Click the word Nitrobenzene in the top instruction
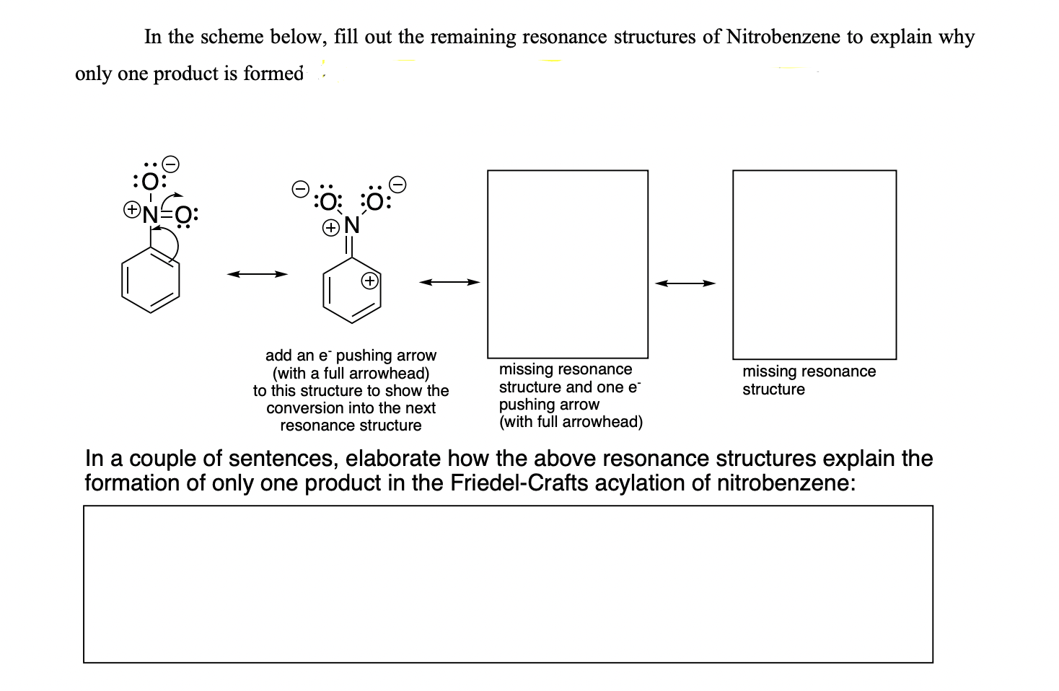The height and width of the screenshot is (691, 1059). pyautogui.click(x=783, y=37)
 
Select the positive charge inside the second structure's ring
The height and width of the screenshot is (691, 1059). pyautogui.click(x=369, y=280)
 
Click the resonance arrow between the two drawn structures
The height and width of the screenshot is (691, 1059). pyautogui.click(x=257, y=274)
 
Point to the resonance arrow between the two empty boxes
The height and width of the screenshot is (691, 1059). pyautogui.click(x=685, y=283)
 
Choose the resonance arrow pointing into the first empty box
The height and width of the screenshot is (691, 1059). pyautogui.click(x=450, y=282)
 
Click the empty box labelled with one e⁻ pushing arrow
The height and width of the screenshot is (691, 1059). pyautogui.click(x=568, y=263)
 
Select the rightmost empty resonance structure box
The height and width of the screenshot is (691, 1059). pyautogui.click(x=814, y=264)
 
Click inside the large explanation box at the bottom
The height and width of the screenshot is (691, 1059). pyautogui.click(x=508, y=584)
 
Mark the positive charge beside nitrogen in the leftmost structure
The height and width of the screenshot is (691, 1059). pyautogui.click(x=131, y=210)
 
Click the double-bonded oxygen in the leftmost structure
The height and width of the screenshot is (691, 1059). pyautogui.click(x=183, y=214)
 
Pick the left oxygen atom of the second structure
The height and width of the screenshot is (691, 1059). pyautogui.click(x=328, y=201)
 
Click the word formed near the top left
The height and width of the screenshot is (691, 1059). pyautogui.click(x=273, y=74)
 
